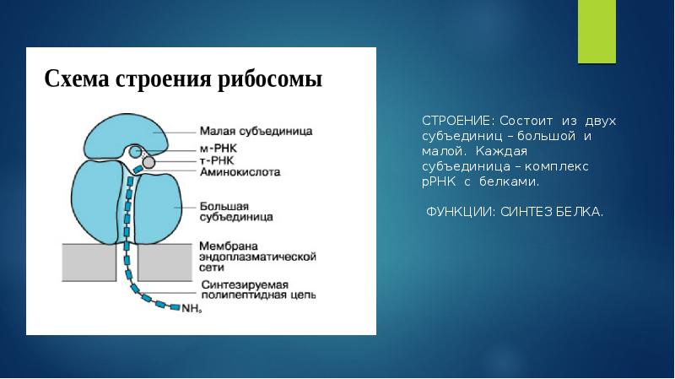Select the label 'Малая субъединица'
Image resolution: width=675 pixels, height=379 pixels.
[x=256, y=131]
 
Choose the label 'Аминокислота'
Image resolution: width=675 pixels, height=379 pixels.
[x=240, y=171]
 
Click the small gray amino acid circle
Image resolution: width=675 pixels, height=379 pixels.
[x=148, y=161]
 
